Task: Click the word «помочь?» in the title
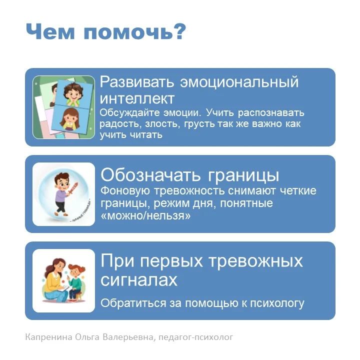(134, 31)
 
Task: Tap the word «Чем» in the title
(50, 31)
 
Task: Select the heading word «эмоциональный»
(239, 82)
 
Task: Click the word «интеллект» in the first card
(137, 98)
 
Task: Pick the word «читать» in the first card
(146, 134)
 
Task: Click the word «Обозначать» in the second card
(150, 175)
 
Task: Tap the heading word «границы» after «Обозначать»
(243, 176)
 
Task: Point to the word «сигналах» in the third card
(139, 279)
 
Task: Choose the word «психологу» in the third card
(277, 303)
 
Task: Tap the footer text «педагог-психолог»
(196, 337)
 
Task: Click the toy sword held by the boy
(73, 188)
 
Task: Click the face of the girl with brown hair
(69, 118)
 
